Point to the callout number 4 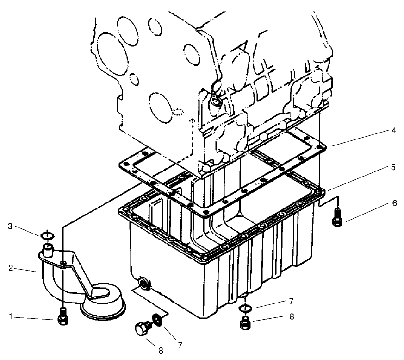point(393,131)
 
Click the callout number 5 point(393,167)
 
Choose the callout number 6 point(393,203)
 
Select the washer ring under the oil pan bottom point(246,308)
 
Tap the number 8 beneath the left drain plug point(161,351)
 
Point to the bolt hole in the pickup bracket point(62,264)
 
